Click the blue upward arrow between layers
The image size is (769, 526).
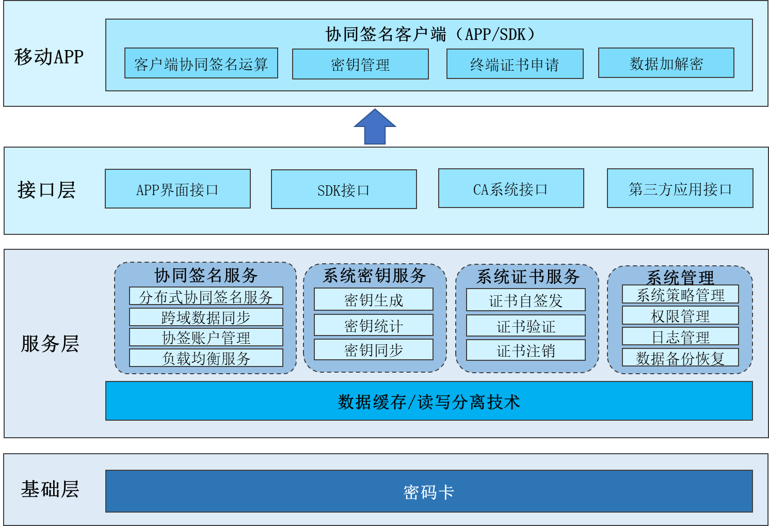(375, 127)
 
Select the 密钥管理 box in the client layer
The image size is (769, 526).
(360, 65)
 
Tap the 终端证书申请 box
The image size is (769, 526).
(515, 65)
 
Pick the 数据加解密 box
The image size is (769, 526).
(666, 63)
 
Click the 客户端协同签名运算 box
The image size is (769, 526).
(201, 63)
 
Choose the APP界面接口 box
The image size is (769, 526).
(178, 189)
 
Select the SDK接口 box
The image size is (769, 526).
(344, 190)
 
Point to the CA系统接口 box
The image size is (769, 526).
(511, 189)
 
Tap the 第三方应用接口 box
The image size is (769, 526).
(680, 189)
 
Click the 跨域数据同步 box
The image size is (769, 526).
(206, 317)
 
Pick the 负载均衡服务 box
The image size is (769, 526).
(206, 358)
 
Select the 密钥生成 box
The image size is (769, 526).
(373, 300)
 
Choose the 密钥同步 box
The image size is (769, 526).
(373, 350)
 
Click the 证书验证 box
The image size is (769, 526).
(525, 326)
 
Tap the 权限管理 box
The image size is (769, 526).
(680, 316)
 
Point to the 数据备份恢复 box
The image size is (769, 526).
(680, 358)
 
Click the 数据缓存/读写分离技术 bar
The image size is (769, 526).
(428, 401)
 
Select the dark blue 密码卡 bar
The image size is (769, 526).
(428, 491)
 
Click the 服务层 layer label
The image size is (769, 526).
(50, 344)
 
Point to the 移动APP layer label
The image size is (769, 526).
(49, 57)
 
